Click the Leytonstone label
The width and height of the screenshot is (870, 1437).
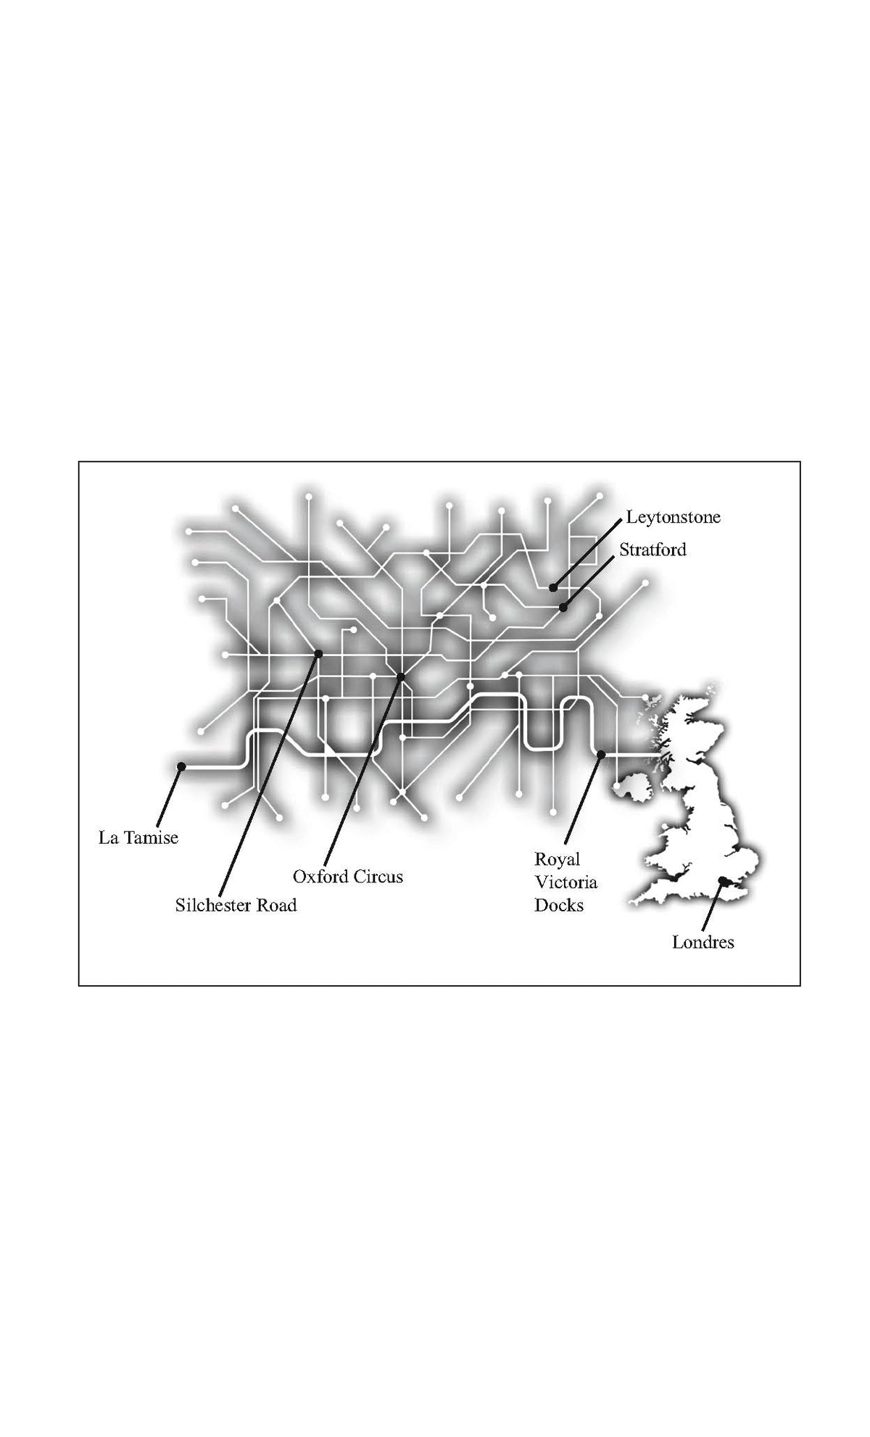click(x=674, y=518)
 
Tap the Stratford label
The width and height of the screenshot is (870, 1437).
click(x=652, y=550)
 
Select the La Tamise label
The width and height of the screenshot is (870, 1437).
click(x=138, y=838)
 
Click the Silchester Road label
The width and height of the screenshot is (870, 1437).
click(x=236, y=905)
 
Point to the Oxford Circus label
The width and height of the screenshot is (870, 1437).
click(x=348, y=877)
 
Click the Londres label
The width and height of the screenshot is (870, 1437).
click(x=703, y=943)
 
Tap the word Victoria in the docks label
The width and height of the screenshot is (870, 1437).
click(x=565, y=882)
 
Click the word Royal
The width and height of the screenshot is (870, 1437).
click(x=558, y=861)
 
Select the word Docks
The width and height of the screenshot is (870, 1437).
click(x=559, y=905)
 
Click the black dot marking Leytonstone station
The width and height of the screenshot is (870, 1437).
click(x=553, y=587)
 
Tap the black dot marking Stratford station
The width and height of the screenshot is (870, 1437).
click(x=563, y=608)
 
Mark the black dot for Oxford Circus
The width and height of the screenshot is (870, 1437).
click(x=400, y=677)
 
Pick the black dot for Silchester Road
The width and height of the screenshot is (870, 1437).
click(x=318, y=654)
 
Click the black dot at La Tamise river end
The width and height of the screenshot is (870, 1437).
click(x=181, y=766)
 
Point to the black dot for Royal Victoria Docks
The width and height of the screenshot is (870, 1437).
click(x=601, y=755)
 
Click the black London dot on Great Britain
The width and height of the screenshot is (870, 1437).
click(x=722, y=880)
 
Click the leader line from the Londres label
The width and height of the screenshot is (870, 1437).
click(x=713, y=906)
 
